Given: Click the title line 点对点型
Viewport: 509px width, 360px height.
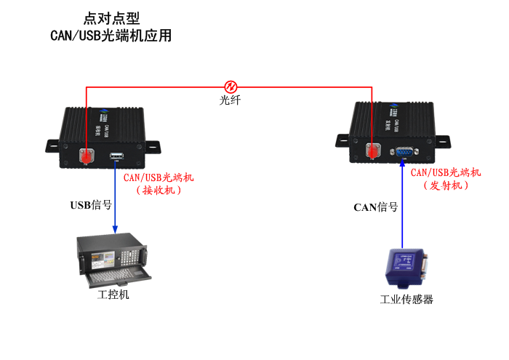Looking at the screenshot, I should (x=111, y=18).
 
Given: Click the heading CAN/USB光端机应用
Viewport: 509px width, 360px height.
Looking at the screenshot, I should (x=111, y=35).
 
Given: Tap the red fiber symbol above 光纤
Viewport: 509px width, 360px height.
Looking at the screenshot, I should (x=231, y=87).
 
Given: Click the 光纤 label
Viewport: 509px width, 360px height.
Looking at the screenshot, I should (x=231, y=100).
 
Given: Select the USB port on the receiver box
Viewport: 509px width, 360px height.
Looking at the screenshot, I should (x=116, y=156).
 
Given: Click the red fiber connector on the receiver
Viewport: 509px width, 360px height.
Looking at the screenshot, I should (x=87, y=156).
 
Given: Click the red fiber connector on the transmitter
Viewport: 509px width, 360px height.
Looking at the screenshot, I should (x=373, y=151).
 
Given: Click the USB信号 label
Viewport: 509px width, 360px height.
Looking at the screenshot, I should (x=91, y=205).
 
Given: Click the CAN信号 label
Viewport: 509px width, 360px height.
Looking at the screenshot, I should (x=375, y=207).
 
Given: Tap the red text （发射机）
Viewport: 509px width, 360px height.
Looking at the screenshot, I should (x=445, y=185).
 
